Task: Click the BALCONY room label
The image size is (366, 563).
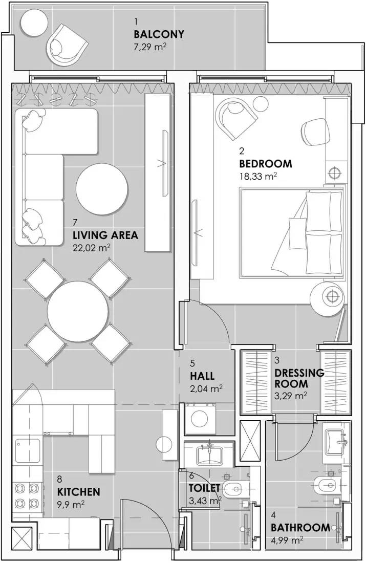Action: tap(159, 35)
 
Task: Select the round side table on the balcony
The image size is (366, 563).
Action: tap(34, 24)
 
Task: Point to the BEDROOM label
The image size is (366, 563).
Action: tap(265, 164)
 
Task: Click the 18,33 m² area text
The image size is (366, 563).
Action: tap(258, 177)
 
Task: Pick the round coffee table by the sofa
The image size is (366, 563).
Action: tap(102, 189)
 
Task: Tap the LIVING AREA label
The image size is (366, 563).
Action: tap(105, 235)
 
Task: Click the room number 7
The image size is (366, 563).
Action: tap(75, 223)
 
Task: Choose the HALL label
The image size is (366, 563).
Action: tap(202, 376)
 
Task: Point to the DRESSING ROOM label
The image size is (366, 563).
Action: tap(299, 378)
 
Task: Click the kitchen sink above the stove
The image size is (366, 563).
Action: tap(24, 451)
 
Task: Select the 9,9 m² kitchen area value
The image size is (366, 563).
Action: tap(71, 505)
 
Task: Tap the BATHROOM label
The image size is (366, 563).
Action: tap(300, 528)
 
